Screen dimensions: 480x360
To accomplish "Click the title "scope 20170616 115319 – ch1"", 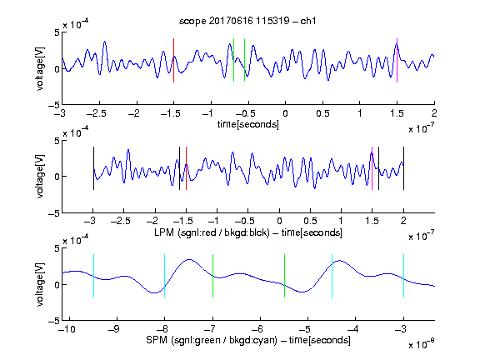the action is (247, 21).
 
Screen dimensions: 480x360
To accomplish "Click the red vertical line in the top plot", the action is (173, 60).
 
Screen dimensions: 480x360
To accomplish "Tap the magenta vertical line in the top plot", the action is (397, 60).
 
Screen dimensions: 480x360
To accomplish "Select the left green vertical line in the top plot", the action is (233, 60).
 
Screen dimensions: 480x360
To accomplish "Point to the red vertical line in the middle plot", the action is (186, 168).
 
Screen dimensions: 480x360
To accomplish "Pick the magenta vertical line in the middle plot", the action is (372, 168).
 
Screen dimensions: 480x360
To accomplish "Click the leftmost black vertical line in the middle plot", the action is (93, 168).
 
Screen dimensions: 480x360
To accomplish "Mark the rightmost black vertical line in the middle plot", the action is (403, 168).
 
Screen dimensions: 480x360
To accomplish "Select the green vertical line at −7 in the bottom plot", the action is (212, 276).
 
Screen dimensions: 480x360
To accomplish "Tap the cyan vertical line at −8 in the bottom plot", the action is (165, 276).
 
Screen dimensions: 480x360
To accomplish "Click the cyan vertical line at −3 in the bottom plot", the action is (403, 276).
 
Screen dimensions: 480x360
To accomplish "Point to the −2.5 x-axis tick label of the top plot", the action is (96, 113).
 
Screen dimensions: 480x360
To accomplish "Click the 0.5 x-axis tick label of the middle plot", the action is (310, 221).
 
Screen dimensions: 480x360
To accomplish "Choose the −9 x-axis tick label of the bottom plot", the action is (114, 329).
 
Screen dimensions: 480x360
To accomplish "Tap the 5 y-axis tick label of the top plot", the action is (57, 32).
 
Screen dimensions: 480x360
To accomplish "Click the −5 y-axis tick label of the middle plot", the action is (54, 213).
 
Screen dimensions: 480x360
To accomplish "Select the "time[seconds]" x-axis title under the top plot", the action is (248, 124).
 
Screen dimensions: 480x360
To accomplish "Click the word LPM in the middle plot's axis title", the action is (164, 232).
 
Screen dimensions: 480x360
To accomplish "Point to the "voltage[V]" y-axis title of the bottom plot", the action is (40, 284).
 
